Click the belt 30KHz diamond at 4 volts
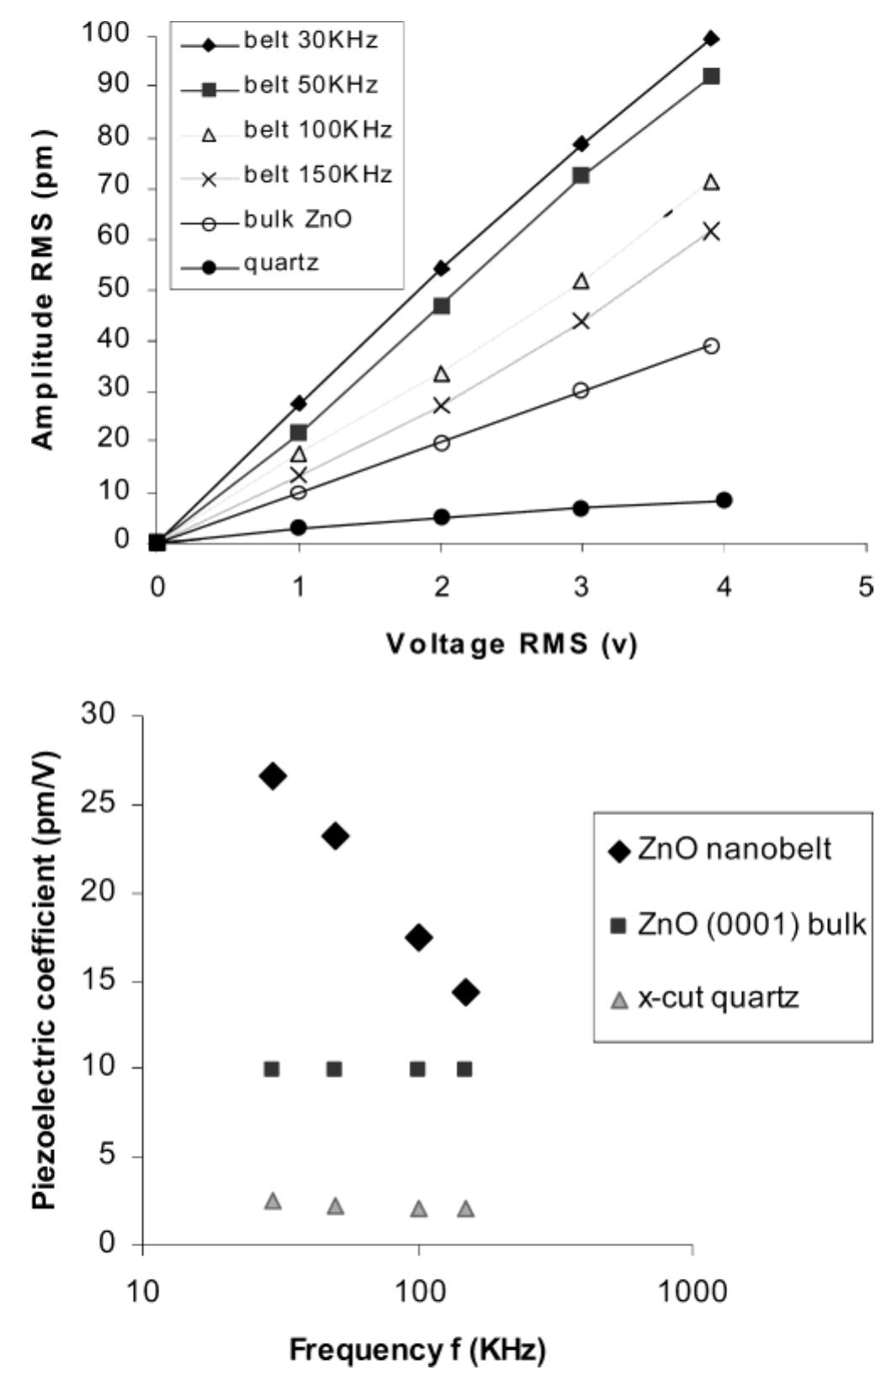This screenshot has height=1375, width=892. click(711, 39)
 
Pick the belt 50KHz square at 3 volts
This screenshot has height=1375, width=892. click(581, 176)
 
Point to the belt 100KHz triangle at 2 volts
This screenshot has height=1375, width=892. click(441, 374)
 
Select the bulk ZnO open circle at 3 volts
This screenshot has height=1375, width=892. click(581, 391)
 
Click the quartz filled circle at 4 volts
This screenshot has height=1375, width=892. click(724, 500)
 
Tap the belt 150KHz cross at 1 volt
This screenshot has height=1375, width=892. click(299, 475)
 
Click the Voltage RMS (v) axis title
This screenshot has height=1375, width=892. click(512, 644)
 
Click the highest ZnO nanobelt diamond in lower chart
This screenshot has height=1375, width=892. click(272, 776)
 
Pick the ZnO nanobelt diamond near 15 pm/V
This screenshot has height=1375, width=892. click(465, 993)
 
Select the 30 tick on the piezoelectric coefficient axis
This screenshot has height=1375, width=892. click(104, 715)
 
